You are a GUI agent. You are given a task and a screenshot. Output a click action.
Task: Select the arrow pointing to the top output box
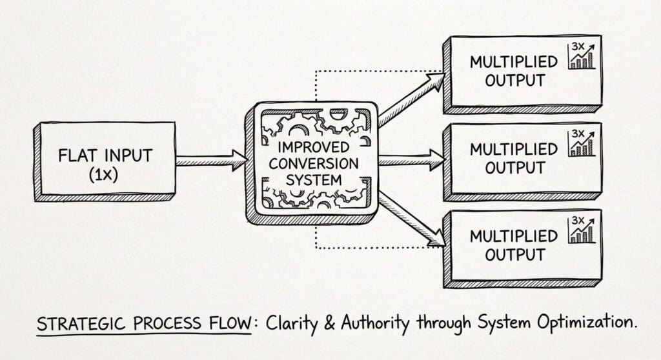pos(411,101)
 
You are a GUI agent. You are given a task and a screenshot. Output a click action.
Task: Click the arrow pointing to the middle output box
pos(411,159)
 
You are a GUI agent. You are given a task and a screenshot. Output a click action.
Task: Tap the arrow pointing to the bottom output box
pos(411,219)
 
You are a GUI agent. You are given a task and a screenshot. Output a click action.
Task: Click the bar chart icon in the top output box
pos(582,56)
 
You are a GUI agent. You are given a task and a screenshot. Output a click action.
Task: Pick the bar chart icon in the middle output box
pos(582,143)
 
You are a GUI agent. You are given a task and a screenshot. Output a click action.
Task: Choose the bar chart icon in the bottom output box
pos(582,230)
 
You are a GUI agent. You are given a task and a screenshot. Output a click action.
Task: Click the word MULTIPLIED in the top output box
pos(513,63)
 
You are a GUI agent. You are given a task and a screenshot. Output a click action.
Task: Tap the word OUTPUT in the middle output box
pos(515,168)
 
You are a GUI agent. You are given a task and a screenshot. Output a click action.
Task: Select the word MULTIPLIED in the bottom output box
pos(513,236)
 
